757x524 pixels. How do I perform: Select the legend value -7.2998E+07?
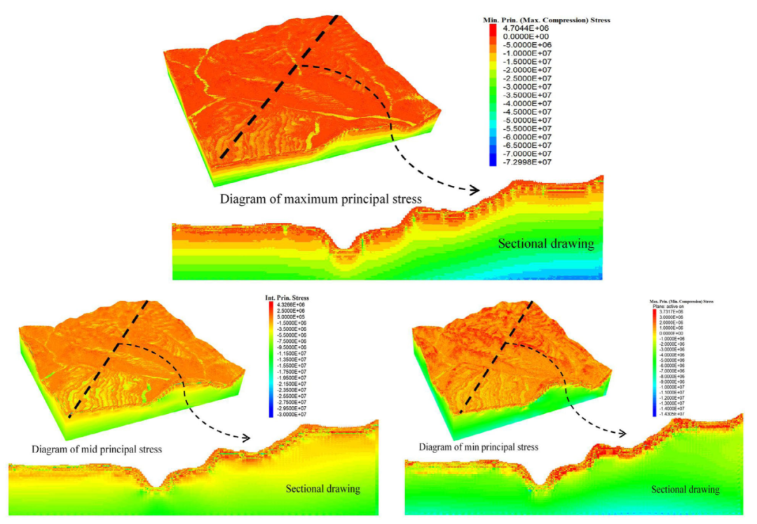pyautogui.click(x=526, y=162)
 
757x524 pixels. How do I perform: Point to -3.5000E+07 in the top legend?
pyautogui.click(x=526, y=95)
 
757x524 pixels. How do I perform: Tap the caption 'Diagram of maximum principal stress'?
pyautogui.click(x=320, y=199)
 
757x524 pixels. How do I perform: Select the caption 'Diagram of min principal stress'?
pyautogui.click(x=479, y=447)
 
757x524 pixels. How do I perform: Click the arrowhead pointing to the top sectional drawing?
pyautogui.click(x=475, y=190)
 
